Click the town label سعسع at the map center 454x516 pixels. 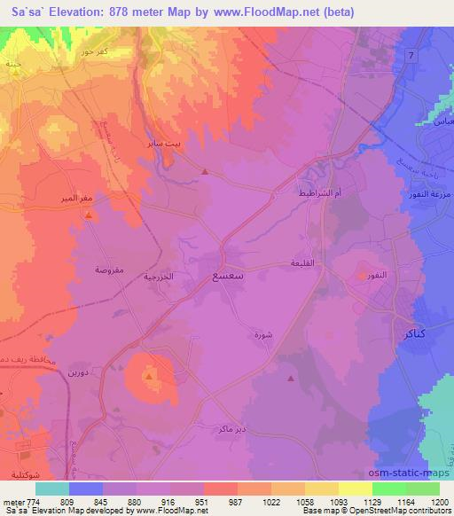click(228, 277)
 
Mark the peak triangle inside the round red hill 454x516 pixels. click(149, 376)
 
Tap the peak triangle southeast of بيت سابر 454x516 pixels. click(205, 172)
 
